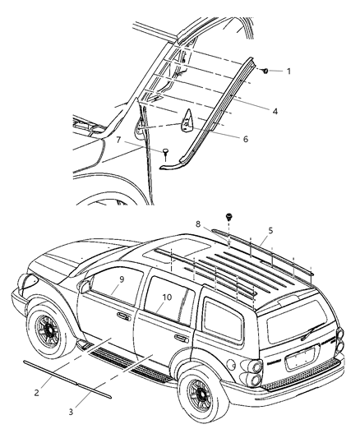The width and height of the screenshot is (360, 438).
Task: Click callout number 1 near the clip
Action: (x=288, y=71)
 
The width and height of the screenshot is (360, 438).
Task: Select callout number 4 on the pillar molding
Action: (x=275, y=108)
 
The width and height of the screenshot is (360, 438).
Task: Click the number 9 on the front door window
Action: (x=121, y=279)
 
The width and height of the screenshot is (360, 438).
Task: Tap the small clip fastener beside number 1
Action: (x=268, y=71)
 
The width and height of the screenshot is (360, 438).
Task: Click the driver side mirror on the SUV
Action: (x=85, y=287)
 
